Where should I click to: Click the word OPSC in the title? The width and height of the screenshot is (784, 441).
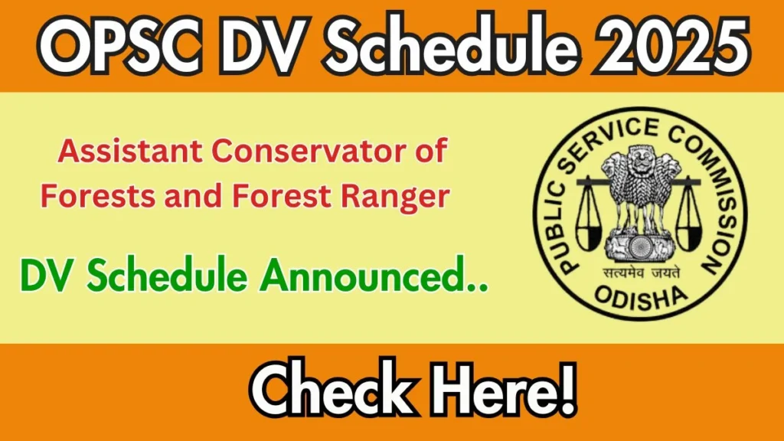(x=120, y=46)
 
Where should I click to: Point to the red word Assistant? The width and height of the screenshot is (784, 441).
(x=130, y=151)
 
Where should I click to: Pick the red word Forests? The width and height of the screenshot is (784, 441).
(x=97, y=195)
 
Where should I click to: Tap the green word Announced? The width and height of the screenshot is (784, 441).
(x=373, y=276)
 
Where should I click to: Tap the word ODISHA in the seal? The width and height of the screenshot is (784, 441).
(x=640, y=297)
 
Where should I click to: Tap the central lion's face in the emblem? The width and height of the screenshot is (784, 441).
(x=639, y=161)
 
